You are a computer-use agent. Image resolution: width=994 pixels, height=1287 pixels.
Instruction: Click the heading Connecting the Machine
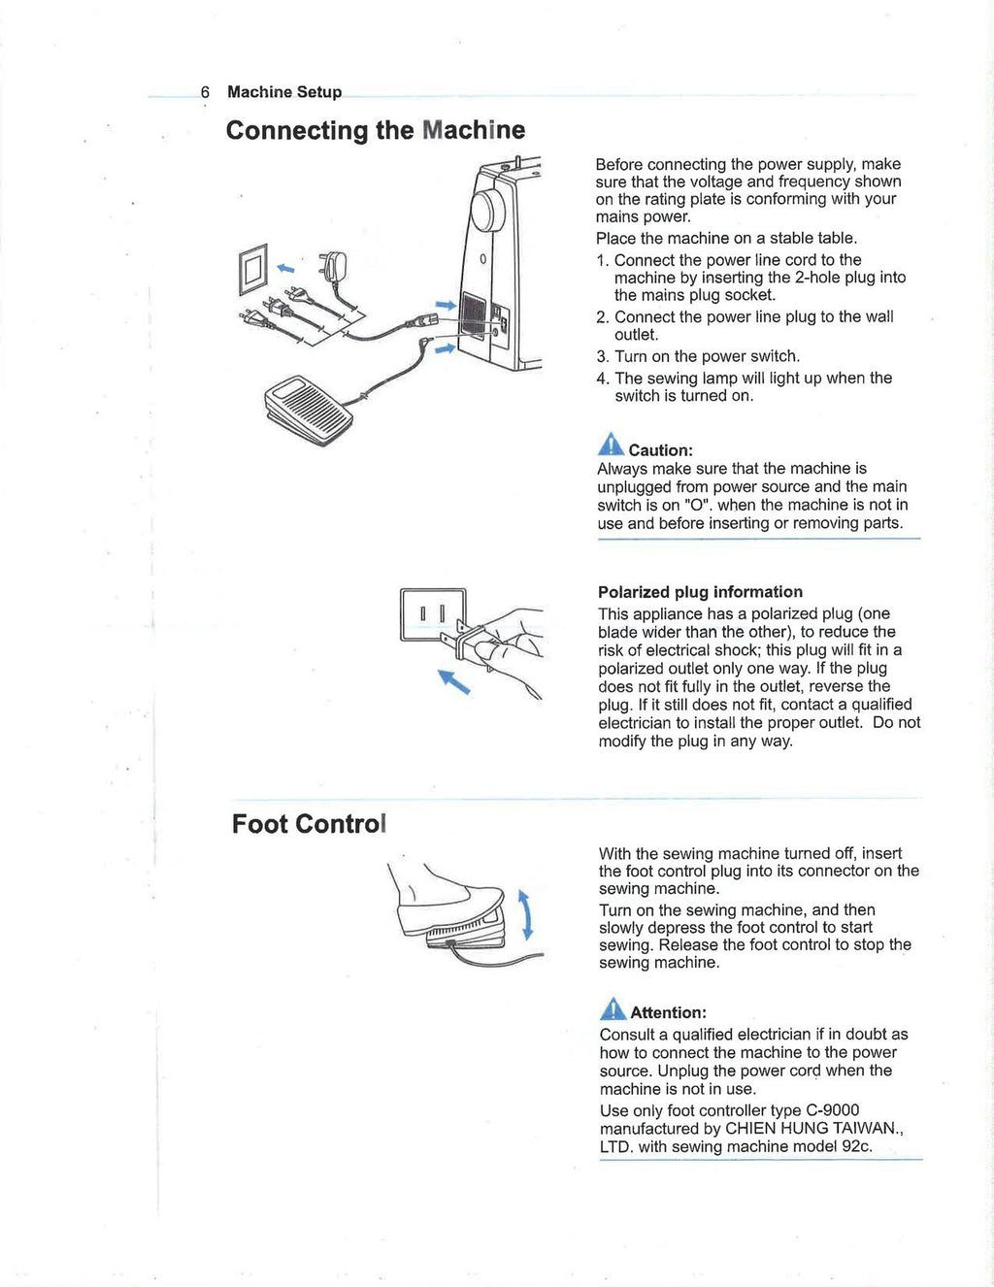click(x=375, y=130)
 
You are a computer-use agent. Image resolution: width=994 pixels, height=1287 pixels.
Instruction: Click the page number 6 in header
click(x=205, y=92)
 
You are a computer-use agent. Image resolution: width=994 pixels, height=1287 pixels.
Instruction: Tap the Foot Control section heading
click(x=309, y=824)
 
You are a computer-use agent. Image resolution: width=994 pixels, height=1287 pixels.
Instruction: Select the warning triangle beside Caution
click(x=611, y=445)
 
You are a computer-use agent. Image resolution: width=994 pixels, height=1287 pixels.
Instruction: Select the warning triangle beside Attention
click(x=613, y=1007)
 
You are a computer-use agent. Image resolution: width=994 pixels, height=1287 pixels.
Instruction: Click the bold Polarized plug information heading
click(x=700, y=592)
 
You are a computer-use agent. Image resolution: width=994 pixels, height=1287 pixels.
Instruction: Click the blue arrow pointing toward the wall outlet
click(x=286, y=268)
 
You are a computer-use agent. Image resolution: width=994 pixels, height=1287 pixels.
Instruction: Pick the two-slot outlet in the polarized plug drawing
click(x=432, y=614)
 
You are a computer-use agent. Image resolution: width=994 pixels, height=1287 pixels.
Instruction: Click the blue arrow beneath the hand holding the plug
click(x=454, y=681)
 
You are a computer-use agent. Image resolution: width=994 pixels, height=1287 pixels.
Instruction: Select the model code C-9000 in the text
click(x=832, y=1110)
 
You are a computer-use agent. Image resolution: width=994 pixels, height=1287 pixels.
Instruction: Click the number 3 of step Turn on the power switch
click(x=602, y=356)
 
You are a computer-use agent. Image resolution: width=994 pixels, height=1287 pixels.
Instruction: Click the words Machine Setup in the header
click(x=284, y=92)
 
